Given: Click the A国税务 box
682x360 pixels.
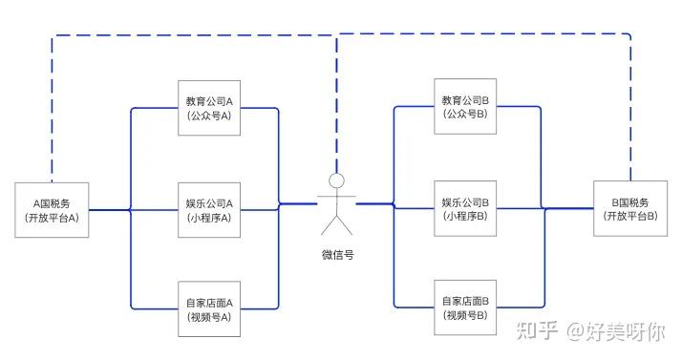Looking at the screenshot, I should pos(53,210).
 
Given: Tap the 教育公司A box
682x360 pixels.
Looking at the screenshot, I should pos(209,108).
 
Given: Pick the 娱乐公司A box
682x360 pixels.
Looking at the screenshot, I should pos(209,210).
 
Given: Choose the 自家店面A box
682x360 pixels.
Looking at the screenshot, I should pos(209,310).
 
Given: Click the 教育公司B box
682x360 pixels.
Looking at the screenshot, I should pos(465,107).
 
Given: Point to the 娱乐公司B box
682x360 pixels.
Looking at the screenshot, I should pos(465,209).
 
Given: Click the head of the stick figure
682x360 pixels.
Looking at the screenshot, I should pos(335,180).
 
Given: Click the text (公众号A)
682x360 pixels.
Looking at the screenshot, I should pos(209,116).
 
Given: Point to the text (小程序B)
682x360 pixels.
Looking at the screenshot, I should pos(465,217).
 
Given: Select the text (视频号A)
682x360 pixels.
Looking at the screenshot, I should pos(209,318).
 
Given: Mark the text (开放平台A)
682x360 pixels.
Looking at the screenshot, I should pos(53,218).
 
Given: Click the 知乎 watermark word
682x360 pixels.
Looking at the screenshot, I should pos(536,331).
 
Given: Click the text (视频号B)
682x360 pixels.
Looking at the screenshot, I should pos(465,315).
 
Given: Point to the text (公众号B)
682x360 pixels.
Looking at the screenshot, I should pos(465,115).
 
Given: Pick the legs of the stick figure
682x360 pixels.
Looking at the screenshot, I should pos(335,226).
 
